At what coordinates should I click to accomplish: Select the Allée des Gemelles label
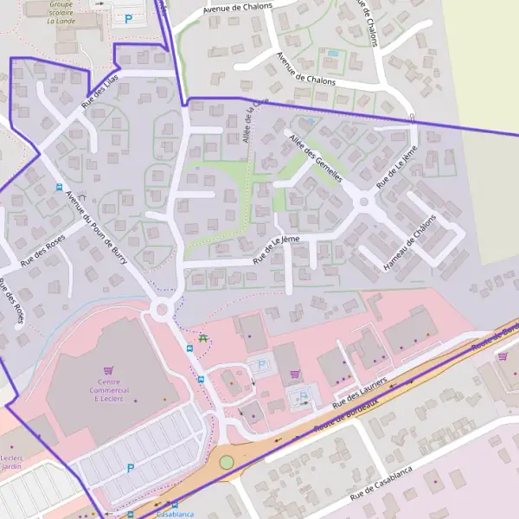pyautogui.click(x=316, y=157)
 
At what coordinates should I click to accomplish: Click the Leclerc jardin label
pyautogui.click(x=11, y=462)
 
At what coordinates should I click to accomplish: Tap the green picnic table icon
pyautogui.click(x=203, y=339)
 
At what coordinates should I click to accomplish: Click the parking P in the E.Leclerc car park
pyautogui.click(x=131, y=468)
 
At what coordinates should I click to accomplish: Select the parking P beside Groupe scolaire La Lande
pyautogui.click(x=130, y=18)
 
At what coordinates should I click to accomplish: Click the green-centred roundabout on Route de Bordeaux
pyautogui.click(x=227, y=462)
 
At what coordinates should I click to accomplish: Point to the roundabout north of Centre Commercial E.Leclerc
pyautogui.click(x=160, y=309)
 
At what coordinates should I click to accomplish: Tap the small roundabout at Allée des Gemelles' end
pyautogui.click(x=363, y=202)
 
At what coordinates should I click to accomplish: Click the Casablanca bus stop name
pyautogui.click(x=175, y=513)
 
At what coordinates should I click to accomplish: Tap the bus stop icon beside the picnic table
pyautogui.click(x=189, y=348)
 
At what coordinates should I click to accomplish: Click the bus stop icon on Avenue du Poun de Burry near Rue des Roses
pyautogui.click(x=59, y=186)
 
